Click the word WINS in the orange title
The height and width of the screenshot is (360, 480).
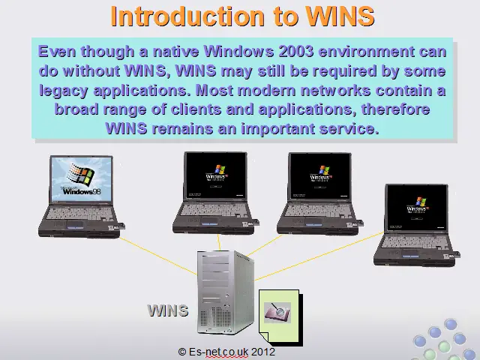coord(340,16)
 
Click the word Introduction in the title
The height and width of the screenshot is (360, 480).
coord(187,16)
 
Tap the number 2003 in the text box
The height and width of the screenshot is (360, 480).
coord(296,51)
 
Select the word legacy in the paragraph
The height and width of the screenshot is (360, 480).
coord(64,91)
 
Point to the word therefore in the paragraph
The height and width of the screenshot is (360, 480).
coord(395,109)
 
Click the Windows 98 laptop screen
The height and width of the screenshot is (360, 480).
coord(82,179)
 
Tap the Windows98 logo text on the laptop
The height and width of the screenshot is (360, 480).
coord(82,191)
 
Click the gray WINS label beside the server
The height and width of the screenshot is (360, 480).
coord(168,310)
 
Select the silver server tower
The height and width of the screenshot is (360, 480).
coord(226,292)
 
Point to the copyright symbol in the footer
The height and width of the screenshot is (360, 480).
coord(181,352)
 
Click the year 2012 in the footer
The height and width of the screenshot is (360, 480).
coord(263,352)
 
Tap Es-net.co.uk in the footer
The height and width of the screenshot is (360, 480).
coord(218,352)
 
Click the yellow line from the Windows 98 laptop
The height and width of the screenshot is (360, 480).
coord(158,256)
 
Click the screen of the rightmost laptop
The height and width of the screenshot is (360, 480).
coord(417,208)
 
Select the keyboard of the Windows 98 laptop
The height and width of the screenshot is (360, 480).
coord(80,213)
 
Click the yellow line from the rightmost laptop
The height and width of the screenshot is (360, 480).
coord(319,256)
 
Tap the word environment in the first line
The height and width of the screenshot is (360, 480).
coord(367,51)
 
